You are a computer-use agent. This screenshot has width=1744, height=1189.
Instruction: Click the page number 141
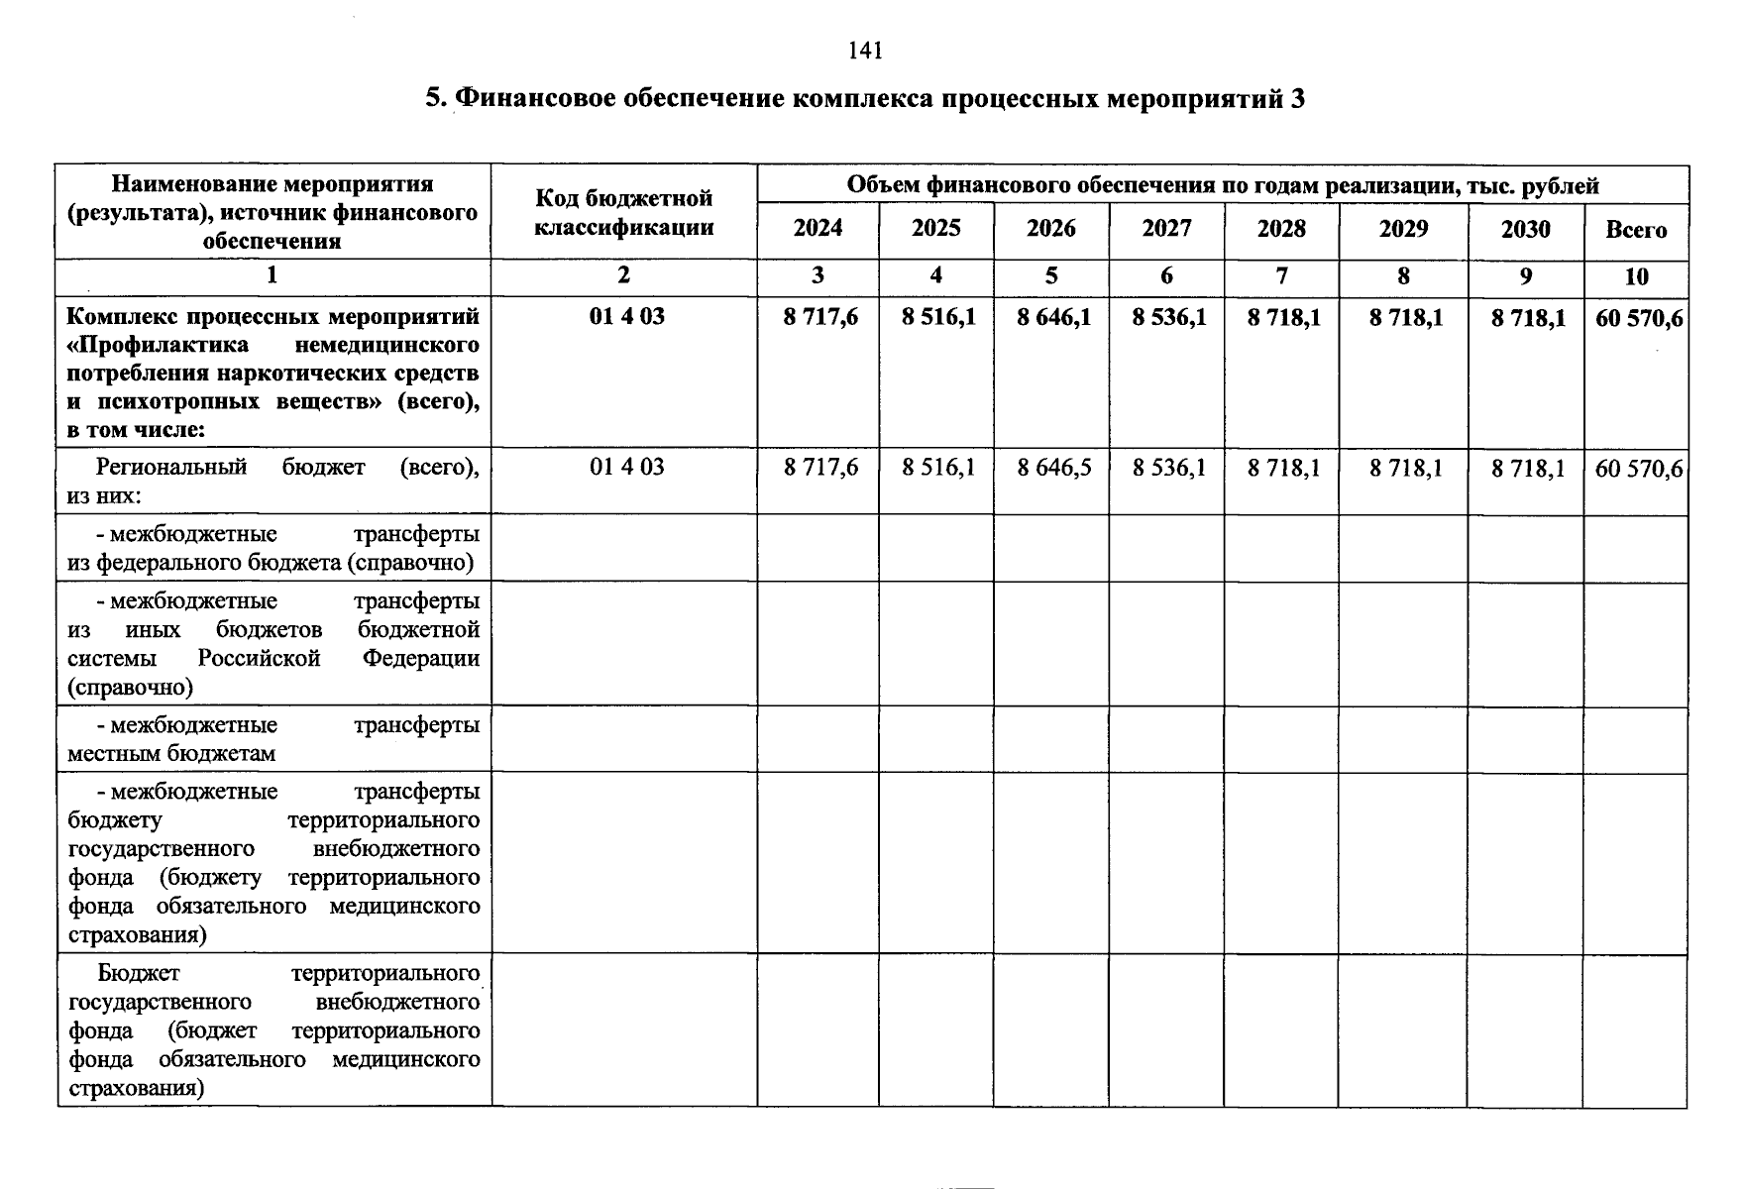pyautogui.click(x=865, y=51)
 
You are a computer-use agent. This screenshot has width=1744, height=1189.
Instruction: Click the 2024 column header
pyautogui.click(x=817, y=229)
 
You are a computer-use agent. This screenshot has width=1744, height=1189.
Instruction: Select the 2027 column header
pyautogui.click(x=1166, y=229)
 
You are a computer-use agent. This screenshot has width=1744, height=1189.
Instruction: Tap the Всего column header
pyautogui.click(x=1636, y=230)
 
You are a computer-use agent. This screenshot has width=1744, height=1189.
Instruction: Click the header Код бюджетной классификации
pyautogui.click(x=623, y=212)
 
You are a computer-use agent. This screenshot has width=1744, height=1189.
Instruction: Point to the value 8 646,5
pyautogui.click(x=1053, y=468)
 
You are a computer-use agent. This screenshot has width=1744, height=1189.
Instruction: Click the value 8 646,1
pyautogui.click(x=1053, y=317)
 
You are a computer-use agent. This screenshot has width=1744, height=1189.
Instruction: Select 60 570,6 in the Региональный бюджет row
pyautogui.click(x=1638, y=469)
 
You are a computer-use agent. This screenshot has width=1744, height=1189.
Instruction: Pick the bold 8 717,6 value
pyautogui.click(x=820, y=317)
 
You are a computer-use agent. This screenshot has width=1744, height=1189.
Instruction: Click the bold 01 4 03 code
pyautogui.click(x=626, y=317)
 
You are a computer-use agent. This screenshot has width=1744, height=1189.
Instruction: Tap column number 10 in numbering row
pyautogui.click(x=1636, y=276)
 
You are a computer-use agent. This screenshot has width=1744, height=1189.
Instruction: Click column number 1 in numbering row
pyautogui.click(x=272, y=275)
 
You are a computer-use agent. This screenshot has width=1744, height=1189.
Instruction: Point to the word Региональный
pyautogui.click(x=170, y=467)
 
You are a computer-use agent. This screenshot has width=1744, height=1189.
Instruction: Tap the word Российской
pyautogui.click(x=259, y=658)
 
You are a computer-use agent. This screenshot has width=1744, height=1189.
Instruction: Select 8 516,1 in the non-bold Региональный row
pyautogui.click(x=937, y=468)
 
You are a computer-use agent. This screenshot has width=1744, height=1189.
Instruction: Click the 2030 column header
pyautogui.click(x=1524, y=230)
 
